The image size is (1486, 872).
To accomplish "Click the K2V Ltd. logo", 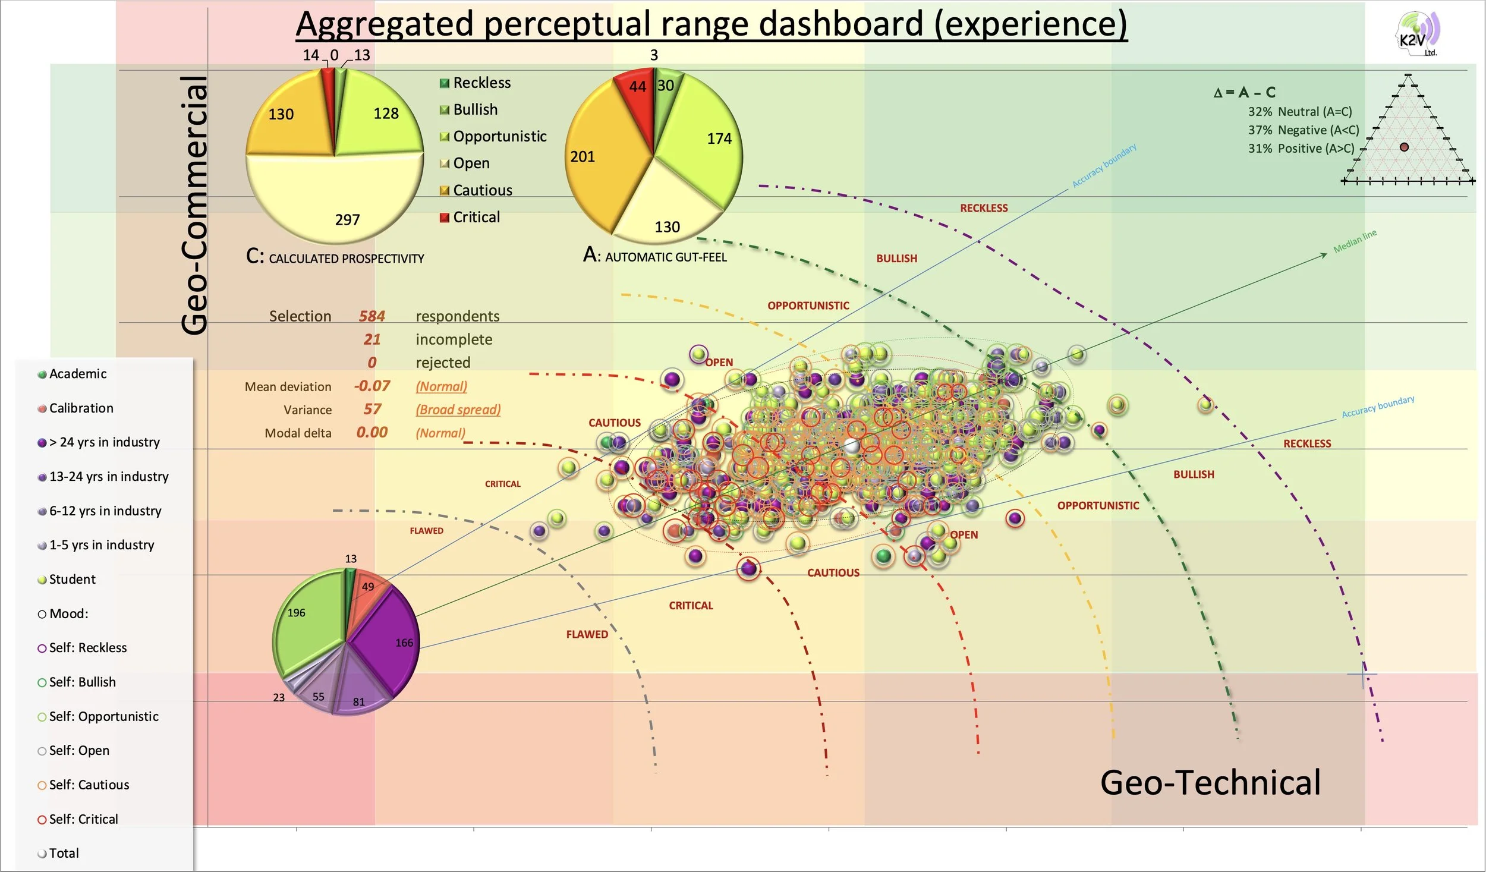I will click(x=1416, y=34).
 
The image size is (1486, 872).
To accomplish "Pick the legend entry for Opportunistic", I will click(x=499, y=137).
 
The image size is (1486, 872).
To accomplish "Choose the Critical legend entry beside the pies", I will click(x=476, y=218).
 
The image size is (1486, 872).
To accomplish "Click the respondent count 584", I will click(x=372, y=316).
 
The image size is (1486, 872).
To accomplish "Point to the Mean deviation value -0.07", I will click(x=372, y=386).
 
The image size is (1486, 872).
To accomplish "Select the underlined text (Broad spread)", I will click(x=458, y=410).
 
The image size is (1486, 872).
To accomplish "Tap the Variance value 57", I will click(x=372, y=410).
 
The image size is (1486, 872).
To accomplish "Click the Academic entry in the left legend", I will click(x=78, y=374).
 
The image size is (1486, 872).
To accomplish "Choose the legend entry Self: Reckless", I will click(x=87, y=648).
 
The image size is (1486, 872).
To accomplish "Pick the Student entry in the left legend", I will click(x=72, y=580).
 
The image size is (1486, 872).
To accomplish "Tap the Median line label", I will click(x=1355, y=241).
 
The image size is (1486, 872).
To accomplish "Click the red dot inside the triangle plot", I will click(x=1404, y=147).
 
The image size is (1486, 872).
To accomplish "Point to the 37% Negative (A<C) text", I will click(x=1303, y=130).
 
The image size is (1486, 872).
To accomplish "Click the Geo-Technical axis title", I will click(x=1210, y=782).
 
